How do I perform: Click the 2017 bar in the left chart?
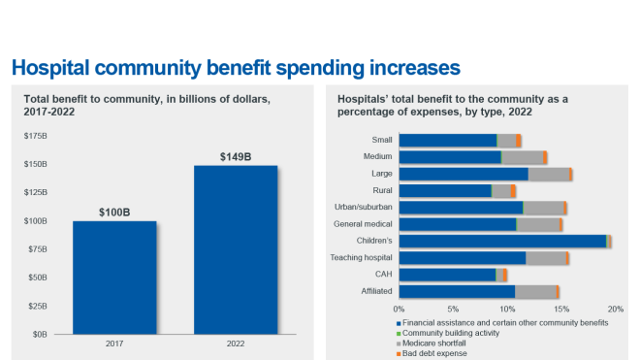point(113,278)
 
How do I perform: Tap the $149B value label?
point(236,155)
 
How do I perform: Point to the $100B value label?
point(113,212)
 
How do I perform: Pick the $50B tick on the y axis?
point(36,278)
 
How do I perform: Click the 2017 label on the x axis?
point(113,344)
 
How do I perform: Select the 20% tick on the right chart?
point(615,310)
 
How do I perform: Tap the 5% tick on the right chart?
point(453,310)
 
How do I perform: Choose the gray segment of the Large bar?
point(549,174)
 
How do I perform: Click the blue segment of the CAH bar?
point(447,275)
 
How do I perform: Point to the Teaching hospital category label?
point(364,258)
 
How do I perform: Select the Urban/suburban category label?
point(364,208)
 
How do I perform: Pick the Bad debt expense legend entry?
point(435,353)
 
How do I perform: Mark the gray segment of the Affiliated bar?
point(535,291)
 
